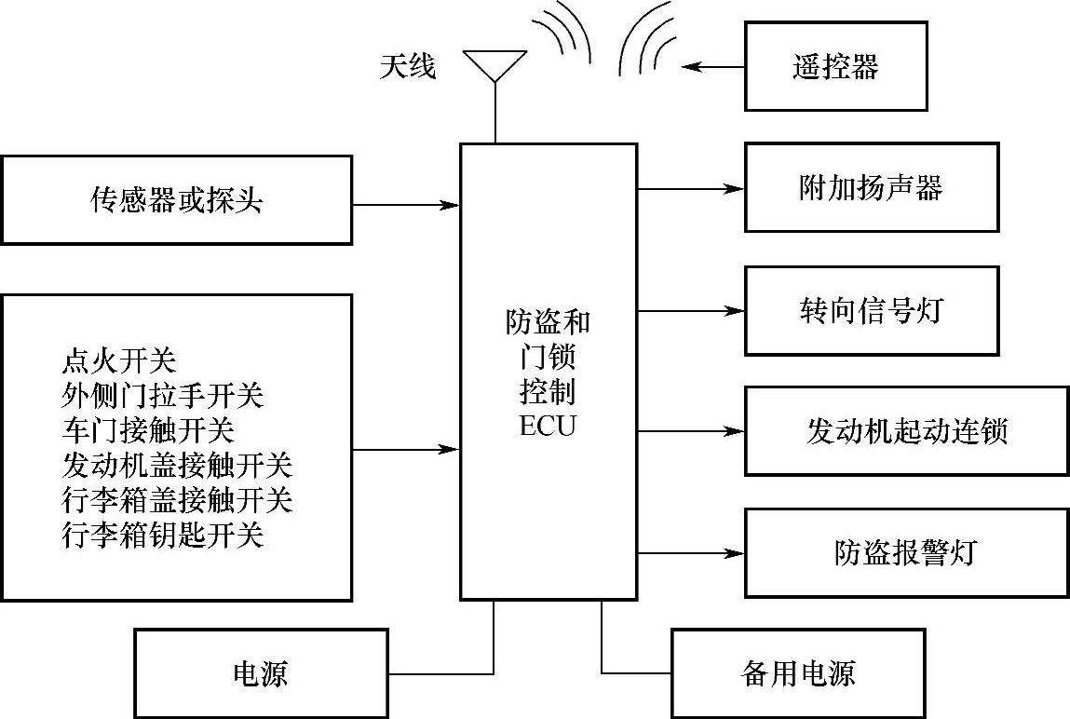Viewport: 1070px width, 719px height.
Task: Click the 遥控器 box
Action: [836, 66]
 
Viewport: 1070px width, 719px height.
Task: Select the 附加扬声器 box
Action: [872, 187]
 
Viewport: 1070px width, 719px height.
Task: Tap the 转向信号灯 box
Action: [872, 310]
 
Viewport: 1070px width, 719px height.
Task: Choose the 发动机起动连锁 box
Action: [906, 431]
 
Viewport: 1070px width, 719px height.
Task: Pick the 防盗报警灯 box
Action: [906, 553]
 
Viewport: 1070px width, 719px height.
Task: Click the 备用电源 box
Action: [798, 672]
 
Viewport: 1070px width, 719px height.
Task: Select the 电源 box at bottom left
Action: [261, 672]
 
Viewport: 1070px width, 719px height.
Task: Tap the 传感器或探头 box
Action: [177, 199]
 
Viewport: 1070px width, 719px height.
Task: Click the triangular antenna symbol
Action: [494, 64]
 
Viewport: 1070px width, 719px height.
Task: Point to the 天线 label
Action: [408, 66]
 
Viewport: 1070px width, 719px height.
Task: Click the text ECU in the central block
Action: [548, 427]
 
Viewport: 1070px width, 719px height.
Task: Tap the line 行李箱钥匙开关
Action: [163, 535]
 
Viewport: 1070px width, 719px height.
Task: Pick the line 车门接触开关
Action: [148, 429]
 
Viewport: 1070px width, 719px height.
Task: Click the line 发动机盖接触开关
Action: [177, 465]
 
